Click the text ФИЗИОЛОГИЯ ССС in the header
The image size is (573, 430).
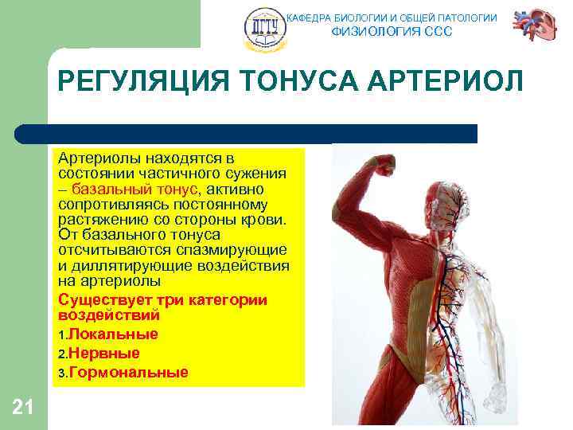(x=391, y=32)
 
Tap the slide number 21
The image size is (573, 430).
(x=23, y=408)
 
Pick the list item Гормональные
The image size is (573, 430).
(x=128, y=373)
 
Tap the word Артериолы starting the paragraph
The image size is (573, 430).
(x=96, y=160)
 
